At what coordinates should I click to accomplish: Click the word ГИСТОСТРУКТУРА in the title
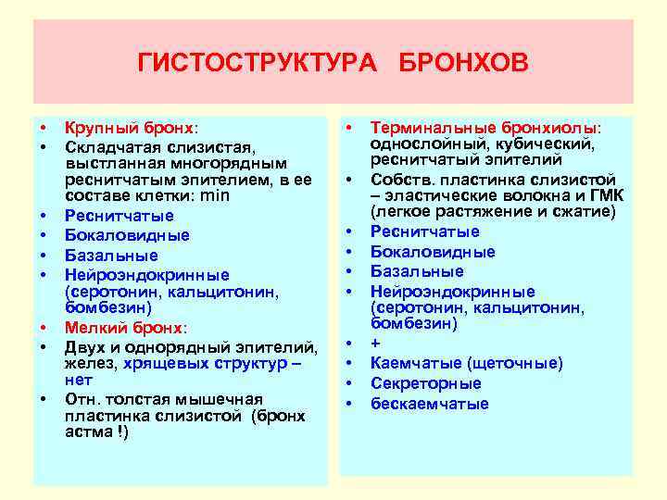[x=260, y=62]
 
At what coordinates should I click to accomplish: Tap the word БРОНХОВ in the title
[x=464, y=62]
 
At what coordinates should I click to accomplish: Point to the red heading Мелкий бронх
[x=124, y=328]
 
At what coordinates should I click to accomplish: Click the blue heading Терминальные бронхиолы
[x=485, y=127]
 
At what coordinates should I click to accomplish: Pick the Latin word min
[x=214, y=196]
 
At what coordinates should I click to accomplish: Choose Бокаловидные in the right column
[x=433, y=252]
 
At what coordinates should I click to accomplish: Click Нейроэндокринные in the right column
[x=452, y=291]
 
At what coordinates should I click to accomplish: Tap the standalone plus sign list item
[x=375, y=343]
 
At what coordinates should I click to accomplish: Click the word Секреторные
[x=426, y=383]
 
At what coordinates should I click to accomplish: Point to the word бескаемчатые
[x=429, y=404]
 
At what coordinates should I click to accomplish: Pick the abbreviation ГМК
[x=604, y=194]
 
